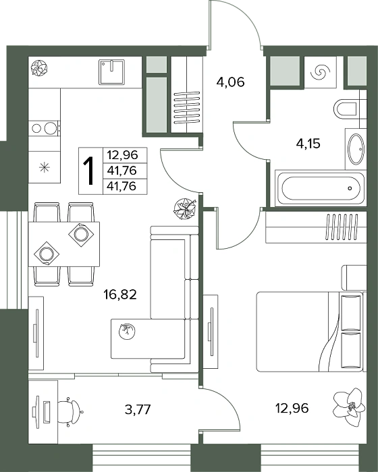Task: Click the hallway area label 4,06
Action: [230, 82]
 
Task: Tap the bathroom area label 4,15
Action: [308, 144]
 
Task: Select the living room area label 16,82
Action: [120, 294]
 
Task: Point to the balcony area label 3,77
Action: [138, 409]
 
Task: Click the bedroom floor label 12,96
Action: [292, 408]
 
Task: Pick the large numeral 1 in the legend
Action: [89, 171]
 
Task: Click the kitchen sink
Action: [111, 72]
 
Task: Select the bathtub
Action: [321, 188]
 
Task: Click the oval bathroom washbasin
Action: [356, 149]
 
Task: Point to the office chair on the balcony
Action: [70, 411]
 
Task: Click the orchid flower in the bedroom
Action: [350, 407]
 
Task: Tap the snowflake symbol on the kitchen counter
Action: [45, 167]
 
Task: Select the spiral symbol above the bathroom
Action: [320, 72]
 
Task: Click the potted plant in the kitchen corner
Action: [39, 67]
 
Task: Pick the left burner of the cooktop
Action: [36, 129]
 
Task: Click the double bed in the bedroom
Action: [311, 331]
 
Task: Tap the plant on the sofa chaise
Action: [127, 331]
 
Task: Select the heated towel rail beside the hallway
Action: [187, 107]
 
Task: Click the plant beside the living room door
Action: [185, 208]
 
